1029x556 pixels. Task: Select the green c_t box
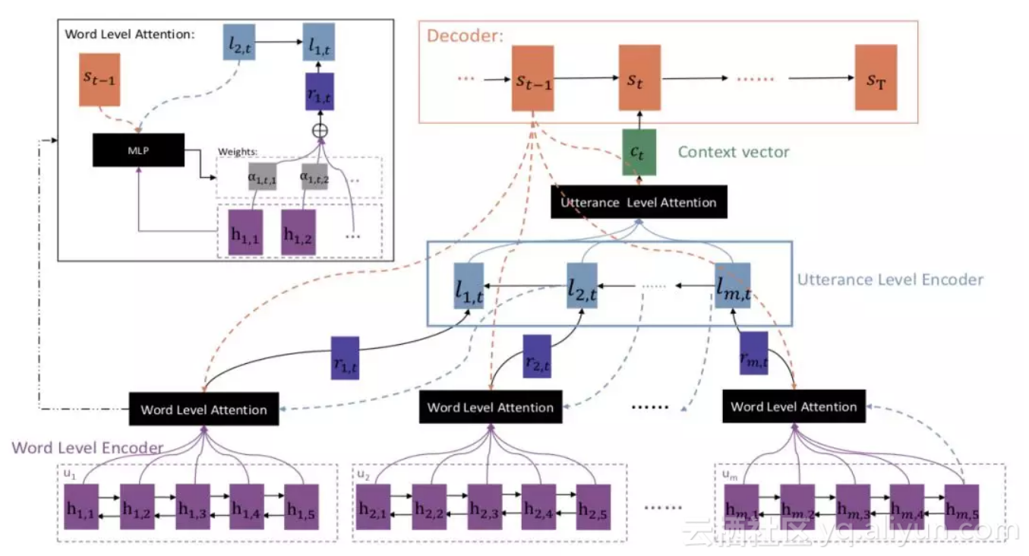point(639,152)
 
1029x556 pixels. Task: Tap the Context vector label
point(733,152)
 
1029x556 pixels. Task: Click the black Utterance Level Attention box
point(638,203)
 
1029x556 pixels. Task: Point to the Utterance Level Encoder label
point(889,280)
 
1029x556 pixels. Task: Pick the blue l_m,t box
point(733,286)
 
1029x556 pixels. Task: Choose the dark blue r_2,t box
point(536,355)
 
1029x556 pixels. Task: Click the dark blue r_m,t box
point(754,352)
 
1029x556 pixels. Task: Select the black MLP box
point(138,150)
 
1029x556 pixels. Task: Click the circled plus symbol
point(319,130)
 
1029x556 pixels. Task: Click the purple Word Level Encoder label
point(87,447)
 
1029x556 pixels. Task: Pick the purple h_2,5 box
point(593,505)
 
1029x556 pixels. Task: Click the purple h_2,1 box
point(374,505)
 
